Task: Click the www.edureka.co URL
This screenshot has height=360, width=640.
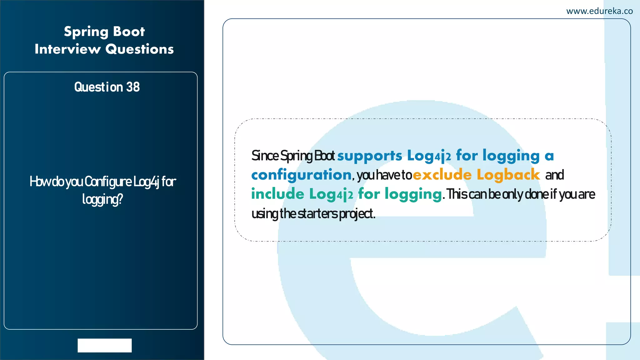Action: [x=599, y=11]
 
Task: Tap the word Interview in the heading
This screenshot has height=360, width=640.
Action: [x=67, y=49]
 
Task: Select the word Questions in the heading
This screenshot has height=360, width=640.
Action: [x=139, y=49]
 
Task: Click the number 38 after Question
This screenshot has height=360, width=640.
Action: [x=133, y=87]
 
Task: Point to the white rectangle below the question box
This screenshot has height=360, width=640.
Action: [x=105, y=345]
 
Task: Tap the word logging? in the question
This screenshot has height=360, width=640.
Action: [x=102, y=199]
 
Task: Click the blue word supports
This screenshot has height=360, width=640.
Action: [x=369, y=156]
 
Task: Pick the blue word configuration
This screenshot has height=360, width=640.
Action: [x=301, y=175]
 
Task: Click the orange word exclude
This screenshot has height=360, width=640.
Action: [x=442, y=175]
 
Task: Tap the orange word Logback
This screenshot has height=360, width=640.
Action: [x=508, y=175]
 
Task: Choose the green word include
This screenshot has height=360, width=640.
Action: [x=277, y=194]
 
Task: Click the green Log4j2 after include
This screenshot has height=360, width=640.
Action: [x=331, y=194]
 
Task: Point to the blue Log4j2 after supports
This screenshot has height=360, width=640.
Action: [x=429, y=156]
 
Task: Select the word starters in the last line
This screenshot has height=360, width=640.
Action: [x=317, y=214]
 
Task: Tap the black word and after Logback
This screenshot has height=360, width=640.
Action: [x=555, y=175]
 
